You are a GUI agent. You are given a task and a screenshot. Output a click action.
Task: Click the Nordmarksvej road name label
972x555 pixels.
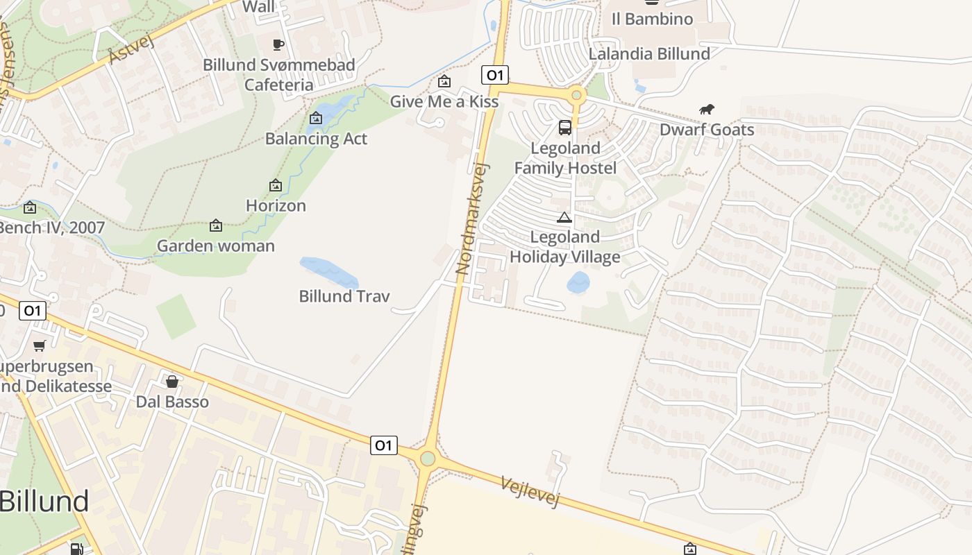click(x=473, y=219)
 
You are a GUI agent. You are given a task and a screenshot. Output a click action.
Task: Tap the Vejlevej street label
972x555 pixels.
click(x=530, y=491)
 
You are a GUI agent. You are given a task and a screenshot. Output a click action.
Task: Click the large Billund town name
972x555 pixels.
click(x=44, y=501)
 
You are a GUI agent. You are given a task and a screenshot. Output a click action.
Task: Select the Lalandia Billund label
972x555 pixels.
click(x=649, y=53)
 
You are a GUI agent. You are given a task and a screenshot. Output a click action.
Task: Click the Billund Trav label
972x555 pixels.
click(x=344, y=296)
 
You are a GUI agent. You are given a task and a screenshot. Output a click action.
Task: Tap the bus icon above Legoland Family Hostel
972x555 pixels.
click(x=565, y=128)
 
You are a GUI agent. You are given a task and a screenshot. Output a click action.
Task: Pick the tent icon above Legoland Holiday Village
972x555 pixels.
click(x=564, y=217)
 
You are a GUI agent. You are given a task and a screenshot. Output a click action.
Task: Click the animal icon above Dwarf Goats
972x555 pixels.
click(x=707, y=110)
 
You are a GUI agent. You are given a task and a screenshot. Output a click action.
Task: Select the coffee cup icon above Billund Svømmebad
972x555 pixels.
click(x=278, y=45)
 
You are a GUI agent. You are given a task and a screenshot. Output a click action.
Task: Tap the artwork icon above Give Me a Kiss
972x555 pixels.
click(x=444, y=82)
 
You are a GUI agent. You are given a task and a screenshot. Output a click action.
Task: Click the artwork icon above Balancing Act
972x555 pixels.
click(x=316, y=119)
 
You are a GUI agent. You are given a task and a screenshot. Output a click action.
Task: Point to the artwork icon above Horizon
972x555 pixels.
click(x=276, y=185)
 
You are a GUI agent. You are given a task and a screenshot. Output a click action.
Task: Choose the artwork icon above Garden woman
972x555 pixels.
click(x=216, y=225)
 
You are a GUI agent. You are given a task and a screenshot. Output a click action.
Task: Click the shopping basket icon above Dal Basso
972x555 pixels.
click(x=172, y=382)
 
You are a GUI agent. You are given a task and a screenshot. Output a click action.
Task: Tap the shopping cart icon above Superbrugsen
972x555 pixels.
click(x=40, y=345)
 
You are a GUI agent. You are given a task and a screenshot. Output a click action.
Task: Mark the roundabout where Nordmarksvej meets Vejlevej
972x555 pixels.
click(x=428, y=459)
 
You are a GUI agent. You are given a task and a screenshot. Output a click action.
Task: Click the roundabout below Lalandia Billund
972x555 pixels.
click(x=576, y=95)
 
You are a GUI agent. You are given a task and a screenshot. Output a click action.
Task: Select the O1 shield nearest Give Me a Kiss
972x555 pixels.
click(x=495, y=75)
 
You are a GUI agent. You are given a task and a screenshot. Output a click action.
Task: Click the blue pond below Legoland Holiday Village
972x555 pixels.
click(x=578, y=282)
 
